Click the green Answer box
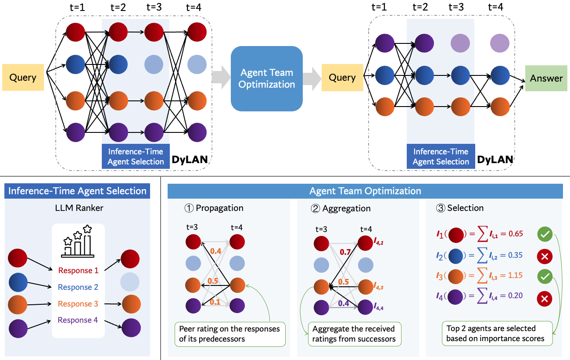coord(546,78)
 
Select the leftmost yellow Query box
coord(23,78)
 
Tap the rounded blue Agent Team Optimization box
coord(267,78)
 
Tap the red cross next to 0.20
coord(545,299)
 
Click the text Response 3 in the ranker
coord(78,304)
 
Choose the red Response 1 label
coord(78,271)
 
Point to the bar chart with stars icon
coord(78,242)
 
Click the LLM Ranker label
coord(77,208)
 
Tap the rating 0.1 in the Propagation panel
coord(215,302)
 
